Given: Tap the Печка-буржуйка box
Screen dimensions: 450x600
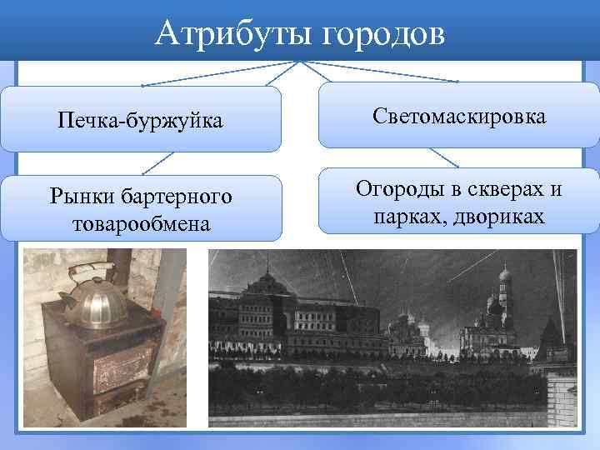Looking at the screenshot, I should (140, 122).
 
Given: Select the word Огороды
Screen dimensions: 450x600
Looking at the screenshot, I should (402, 189).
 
